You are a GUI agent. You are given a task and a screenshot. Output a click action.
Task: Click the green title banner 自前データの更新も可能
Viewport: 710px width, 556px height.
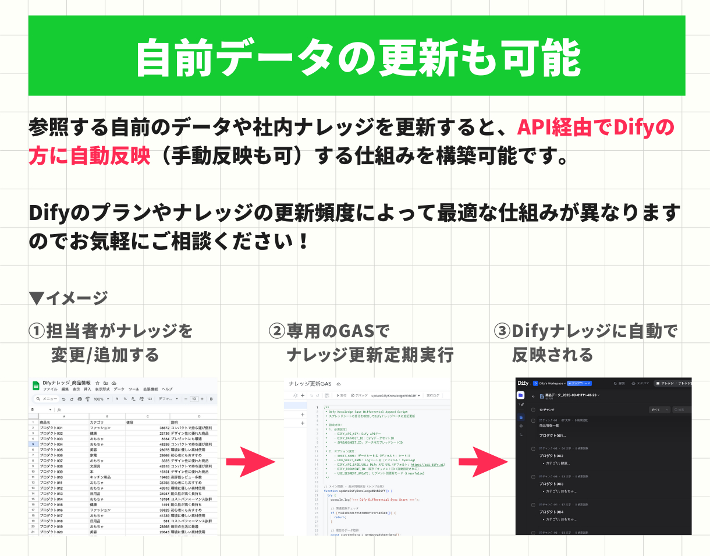[356, 56]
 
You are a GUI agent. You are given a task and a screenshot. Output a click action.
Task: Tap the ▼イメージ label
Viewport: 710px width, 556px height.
[68, 298]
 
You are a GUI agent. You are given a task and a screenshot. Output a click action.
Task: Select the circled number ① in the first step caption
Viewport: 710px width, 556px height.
[37, 331]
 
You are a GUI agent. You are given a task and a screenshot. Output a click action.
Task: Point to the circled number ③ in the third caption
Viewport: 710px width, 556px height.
[502, 331]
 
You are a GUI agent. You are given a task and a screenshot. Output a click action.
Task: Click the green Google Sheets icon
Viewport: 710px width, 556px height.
[35, 386]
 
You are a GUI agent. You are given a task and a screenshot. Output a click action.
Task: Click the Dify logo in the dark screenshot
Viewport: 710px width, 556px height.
[523, 384]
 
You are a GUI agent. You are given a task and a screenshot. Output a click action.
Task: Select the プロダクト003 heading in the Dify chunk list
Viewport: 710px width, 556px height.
[551, 484]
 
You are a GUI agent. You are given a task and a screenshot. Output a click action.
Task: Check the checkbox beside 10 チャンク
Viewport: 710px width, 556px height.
[533, 410]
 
